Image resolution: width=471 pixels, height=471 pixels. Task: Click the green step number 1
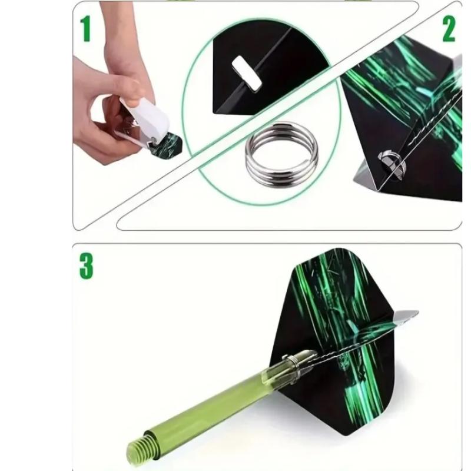(x=86, y=29)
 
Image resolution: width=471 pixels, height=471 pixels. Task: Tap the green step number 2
(x=449, y=29)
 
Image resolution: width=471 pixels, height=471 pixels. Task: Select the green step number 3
(x=86, y=266)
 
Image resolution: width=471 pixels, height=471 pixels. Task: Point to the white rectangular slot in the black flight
(x=246, y=73)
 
